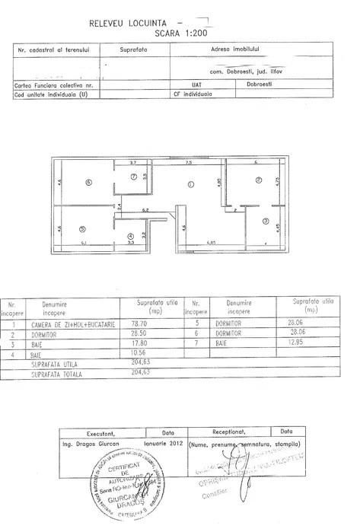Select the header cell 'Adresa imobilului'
click(x=249, y=49)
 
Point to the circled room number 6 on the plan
click(x=88, y=182)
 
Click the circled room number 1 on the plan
click(x=191, y=183)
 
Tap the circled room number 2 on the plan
click(x=258, y=180)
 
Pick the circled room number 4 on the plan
click(x=131, y=236)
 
